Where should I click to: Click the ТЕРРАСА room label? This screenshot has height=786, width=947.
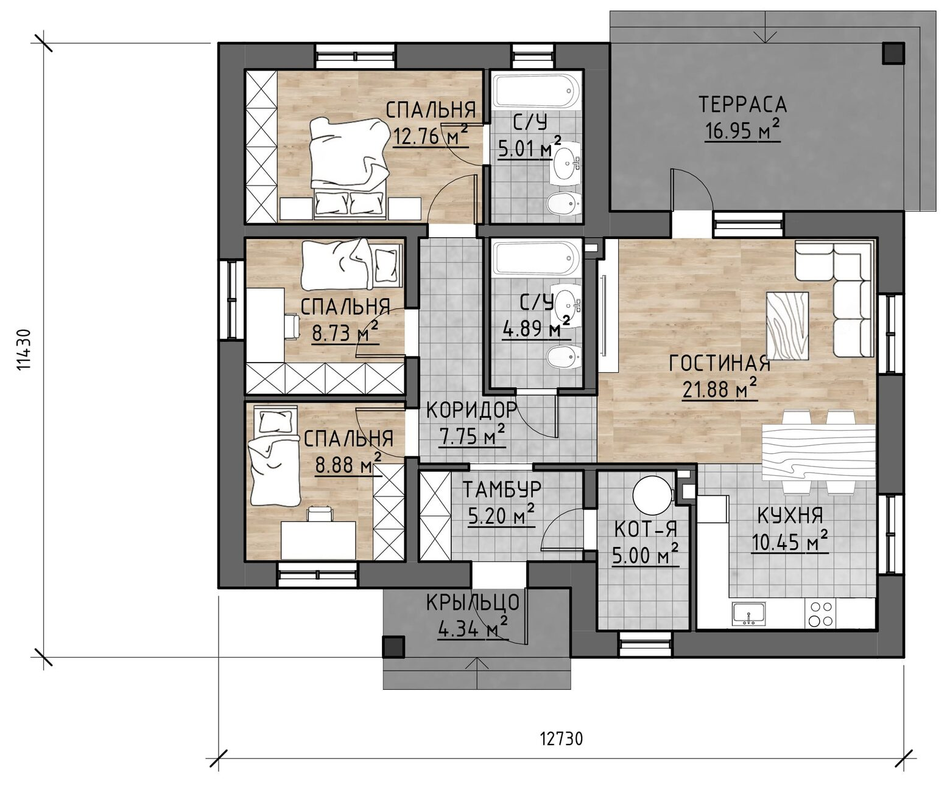[x=742, y=104]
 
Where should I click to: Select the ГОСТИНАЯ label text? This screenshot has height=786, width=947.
[x=720, y=363]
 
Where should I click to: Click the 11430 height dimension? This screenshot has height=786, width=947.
[x=24, y=349]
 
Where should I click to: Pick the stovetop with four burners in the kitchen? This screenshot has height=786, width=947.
[x=820, y=613]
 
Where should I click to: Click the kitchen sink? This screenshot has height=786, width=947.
[x=748, y=614]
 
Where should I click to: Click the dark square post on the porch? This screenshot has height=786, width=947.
[x=393, y=647]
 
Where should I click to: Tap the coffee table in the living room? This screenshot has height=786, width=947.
[x=787, y=325]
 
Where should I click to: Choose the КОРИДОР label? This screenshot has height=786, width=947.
[x=472, y=410]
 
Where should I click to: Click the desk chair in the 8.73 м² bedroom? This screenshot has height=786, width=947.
[x=293, y=326]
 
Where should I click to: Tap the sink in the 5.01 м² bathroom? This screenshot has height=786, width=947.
[x=566, y=162]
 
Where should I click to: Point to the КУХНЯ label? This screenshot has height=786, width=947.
[x=790, y=515]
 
